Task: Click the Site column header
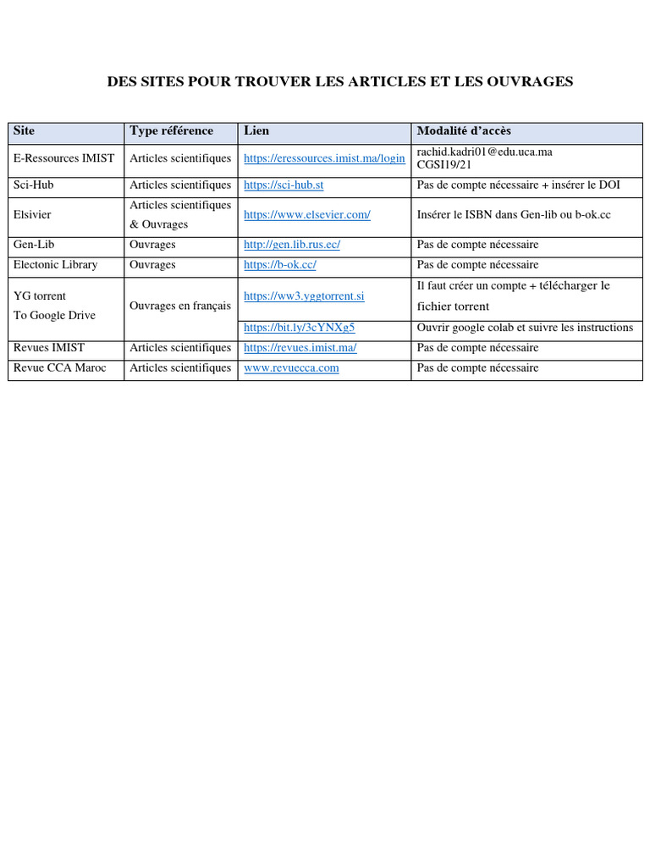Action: point(25,131)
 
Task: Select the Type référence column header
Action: point(171,131)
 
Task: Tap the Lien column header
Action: point(256,131)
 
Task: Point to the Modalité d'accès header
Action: point(464,131)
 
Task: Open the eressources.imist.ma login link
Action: point(324,158)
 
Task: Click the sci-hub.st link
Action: point(284,185)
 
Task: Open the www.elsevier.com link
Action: point(307,215)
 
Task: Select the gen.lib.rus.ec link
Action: point(292,245)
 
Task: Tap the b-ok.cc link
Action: point(280,265)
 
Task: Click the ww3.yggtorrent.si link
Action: point(304,296)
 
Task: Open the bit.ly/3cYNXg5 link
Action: point(299,327)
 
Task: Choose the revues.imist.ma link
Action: point(300,348)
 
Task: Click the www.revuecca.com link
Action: point(291,368)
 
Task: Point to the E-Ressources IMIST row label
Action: point(64,158)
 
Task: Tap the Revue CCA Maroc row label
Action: point(60,368)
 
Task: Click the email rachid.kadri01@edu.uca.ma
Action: point(484,152)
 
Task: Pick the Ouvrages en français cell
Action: point(179,306)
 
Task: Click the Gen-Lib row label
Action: point(34,245)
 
